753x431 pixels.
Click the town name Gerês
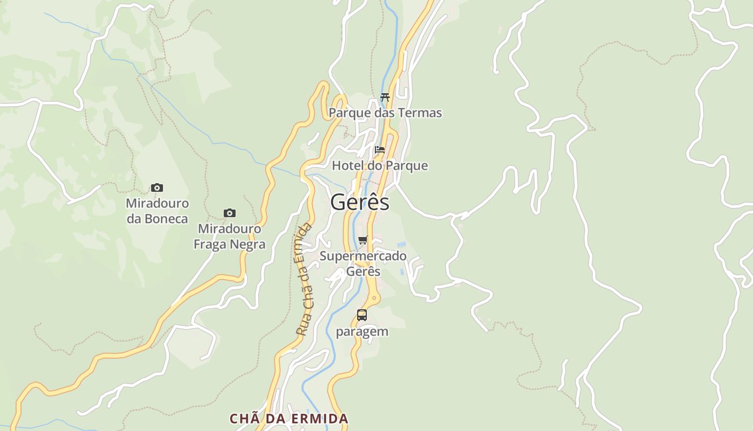click(360, 203)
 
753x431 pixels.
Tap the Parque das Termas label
click(385, 113)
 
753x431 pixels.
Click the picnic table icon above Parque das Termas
click(385, 98)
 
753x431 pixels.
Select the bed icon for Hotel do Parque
click(380, 150)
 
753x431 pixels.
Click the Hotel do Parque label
click(380, 165)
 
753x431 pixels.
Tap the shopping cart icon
click(363, 240)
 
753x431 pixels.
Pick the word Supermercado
click(363, 256)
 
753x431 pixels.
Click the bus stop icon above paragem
click(362, 315)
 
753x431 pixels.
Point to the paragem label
click(362, 331)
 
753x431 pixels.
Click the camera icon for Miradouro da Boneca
click(157, 188)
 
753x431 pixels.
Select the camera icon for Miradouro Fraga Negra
click(230, 213)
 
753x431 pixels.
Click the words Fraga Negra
click(230, 244)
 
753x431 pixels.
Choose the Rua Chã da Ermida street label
click(304, 279)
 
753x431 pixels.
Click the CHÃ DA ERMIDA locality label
click(289, 419)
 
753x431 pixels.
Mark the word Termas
click(421, 113)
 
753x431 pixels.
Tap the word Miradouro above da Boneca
click(157, 204)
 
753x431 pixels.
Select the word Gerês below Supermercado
click(363, 271)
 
